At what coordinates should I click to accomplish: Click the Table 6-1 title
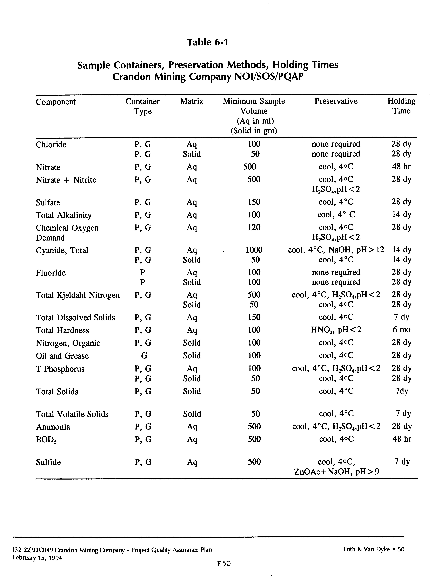[x=207, y=42]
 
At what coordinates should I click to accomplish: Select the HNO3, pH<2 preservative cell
[x=336, y=330]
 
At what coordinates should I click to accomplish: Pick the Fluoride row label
[x=51, y=273]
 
